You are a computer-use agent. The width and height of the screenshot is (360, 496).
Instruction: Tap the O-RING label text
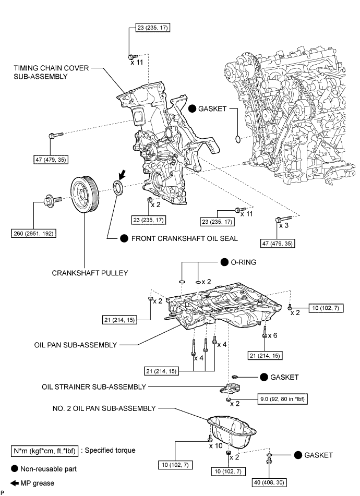point(244,263)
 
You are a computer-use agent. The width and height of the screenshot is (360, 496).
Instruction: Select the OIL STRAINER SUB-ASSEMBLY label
point(94,387)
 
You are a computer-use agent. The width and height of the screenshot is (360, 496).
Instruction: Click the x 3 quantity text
point(284,226)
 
